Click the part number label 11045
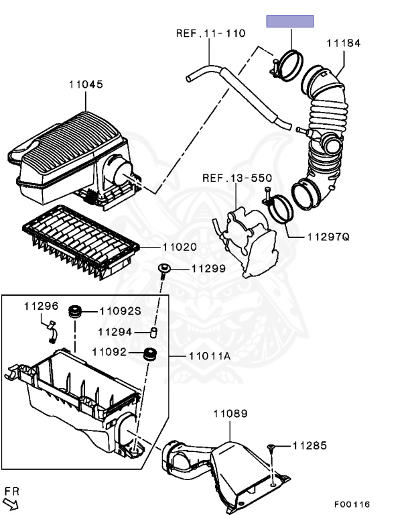[x=85, y=85]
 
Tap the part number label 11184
[x=344, y=44]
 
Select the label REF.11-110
[x=210, y=33]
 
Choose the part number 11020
[x=179, y=247]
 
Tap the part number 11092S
[x=120, y=310]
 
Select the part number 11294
[x=116, y=331]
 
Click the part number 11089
[x=230, y=414]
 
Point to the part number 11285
[x=310, y=445]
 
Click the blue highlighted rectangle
[x=290, y=21]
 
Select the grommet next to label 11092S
[x=76, y=311]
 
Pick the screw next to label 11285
[x=271, y=447]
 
